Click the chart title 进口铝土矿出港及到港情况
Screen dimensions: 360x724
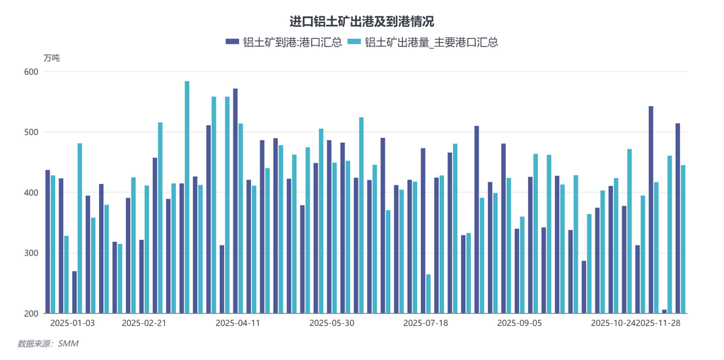[x=361, y=22]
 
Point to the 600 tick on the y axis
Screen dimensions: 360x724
[x=30, y=71]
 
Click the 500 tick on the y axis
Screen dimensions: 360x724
[x=30, y=132]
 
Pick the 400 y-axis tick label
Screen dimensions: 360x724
[x=30, y=192]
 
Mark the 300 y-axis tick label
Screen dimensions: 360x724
[x=30, y=253]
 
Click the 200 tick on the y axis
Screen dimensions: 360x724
[x=30, y=313]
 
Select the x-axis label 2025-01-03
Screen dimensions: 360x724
[x=73, y=323]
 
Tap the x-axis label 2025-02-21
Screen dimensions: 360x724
[x=144, y=323]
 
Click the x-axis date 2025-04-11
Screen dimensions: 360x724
[x=238, y=323]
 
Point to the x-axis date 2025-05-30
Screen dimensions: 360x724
[x=332, y=323]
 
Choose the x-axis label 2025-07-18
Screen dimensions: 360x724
[x=426, y=323]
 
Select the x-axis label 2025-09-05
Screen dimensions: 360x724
[x=520, y=323]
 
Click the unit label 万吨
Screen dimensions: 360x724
[x=52, y=58]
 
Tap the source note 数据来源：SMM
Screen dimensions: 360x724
[x=47, y=344]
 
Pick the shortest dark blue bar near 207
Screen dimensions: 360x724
[x=665, y=311]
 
